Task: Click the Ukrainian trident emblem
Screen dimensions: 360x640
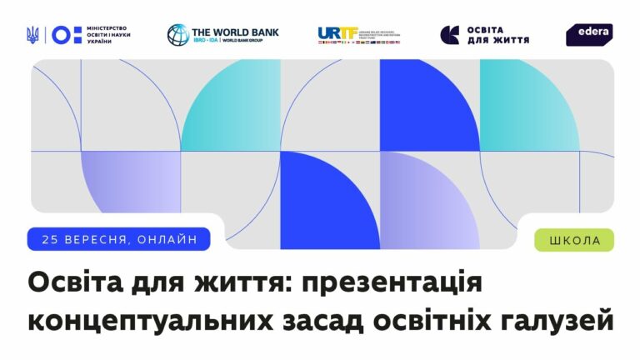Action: pyautogui.click(x=32, y=34)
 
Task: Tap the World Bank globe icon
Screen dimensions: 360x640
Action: pyautogui.click(x=177, y=34)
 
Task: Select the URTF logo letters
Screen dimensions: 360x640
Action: pyautogui.click(x=337, y=33)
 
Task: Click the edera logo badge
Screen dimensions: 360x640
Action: pyautogui.click(x=589, y=34)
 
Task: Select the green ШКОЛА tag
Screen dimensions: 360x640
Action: pyautogui.click(x=574, y=241)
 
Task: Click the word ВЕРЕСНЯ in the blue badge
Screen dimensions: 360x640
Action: pyautogui.click(x=97, y=240)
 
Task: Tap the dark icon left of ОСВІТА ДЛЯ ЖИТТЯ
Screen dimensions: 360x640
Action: pyautogui.click(x=450, y=34)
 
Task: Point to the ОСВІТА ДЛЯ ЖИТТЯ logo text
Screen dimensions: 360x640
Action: pyautogui.click(x=498, y=34)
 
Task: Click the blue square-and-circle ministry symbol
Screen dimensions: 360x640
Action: pyautogui.click(x=67, y=34)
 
